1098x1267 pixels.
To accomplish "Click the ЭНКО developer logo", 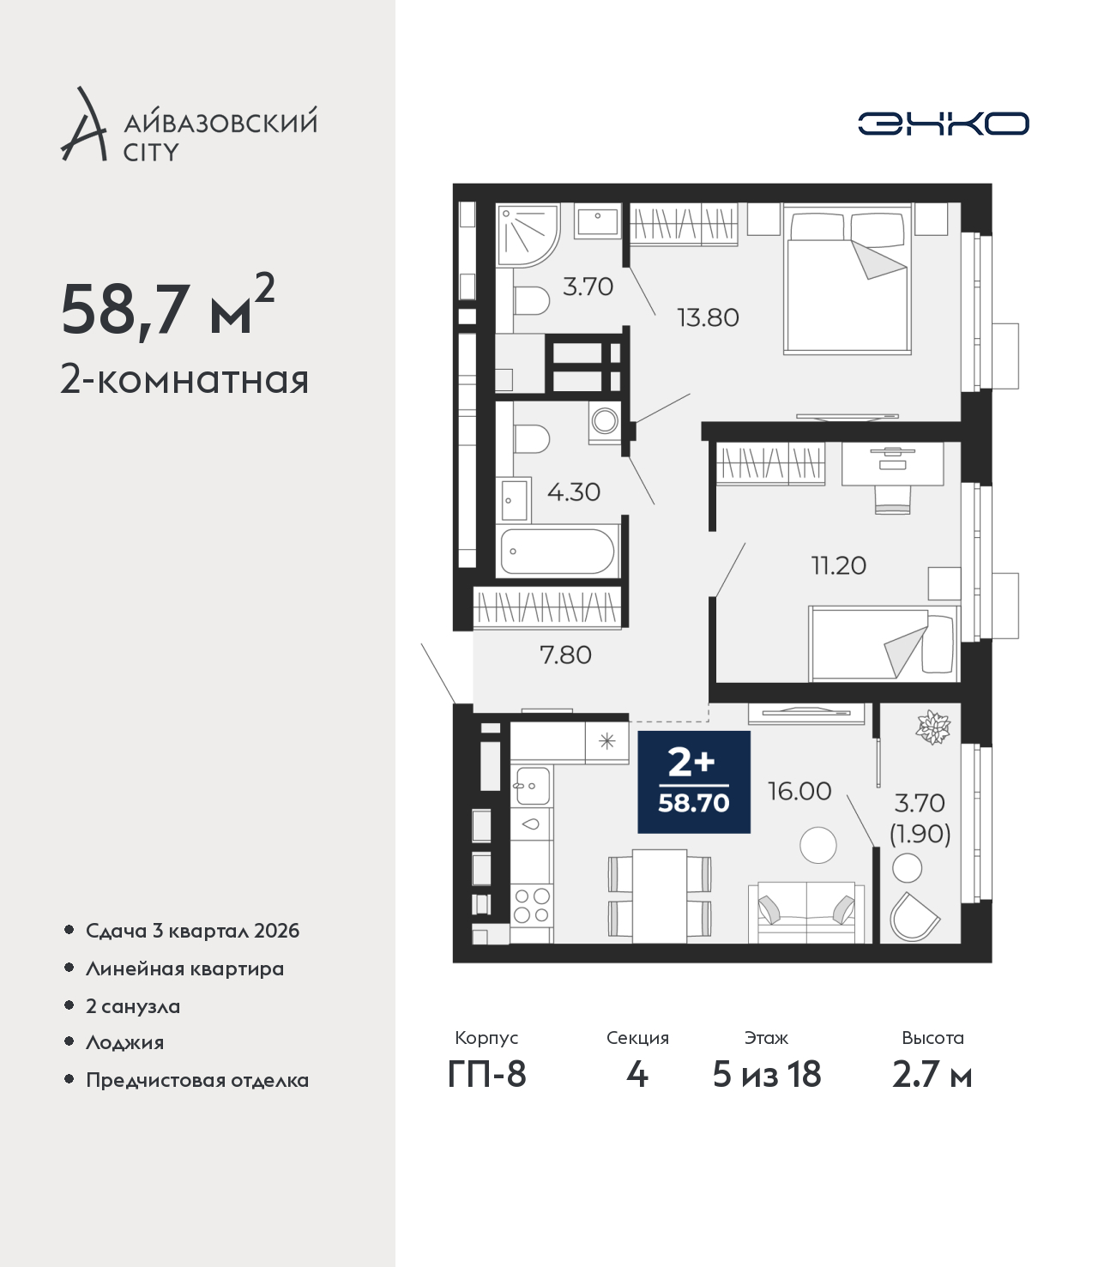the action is pyautogui.click(x=943, y=124).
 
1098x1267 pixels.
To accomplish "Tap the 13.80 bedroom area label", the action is pyautogui.click(x=708, y=317).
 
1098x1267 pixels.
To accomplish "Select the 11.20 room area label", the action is pyautogui.click(x=839, y=565).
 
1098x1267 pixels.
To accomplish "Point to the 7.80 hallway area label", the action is pyautogui.click(x=565, y=655).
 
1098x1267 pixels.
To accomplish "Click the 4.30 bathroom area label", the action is pyautogui.click(x=573, y=492).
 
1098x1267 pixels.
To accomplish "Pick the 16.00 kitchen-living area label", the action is pyautogui.click(x=799, y=791).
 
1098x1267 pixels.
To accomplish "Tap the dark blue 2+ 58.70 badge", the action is pyautogui.click(x=694, y=781).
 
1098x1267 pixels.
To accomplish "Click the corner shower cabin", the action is pyautogui.click(x=528, y=236).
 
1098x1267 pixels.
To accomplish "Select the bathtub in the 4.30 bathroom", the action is pyautogui.click(x=558, y=552).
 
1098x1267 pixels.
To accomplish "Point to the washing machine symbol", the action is pyautogui.click(x=605, y=422).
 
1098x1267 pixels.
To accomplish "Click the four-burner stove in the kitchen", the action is pyautogui.click(x=532, y=905).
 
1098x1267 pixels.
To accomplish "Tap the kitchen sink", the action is pyautogui.click(x=532, y=785).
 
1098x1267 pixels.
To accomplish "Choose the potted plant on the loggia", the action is pyautogui.click(x=933, y=727).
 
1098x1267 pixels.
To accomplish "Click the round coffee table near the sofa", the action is pyautogui.click(x=818, y=845).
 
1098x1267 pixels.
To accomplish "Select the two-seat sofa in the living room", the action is pyautogui.click(x=806, y=912).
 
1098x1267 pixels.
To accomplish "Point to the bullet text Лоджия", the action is pyautogui.click(x=125, y=1042).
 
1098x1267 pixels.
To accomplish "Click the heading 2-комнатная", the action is pyautogui.click(x=184, y=380).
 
